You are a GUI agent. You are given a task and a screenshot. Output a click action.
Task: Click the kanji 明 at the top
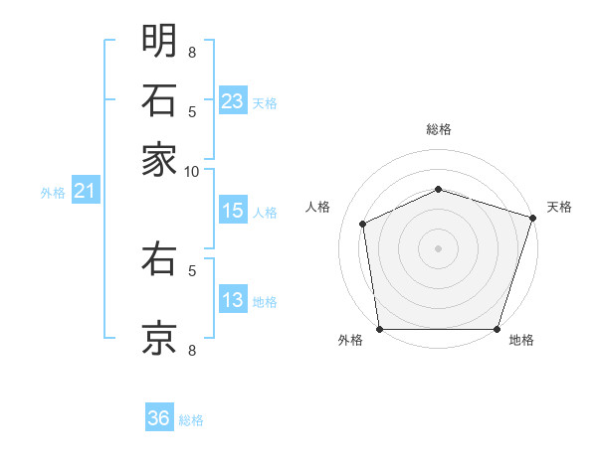[159, 41]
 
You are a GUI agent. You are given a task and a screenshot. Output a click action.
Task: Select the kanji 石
[159, 99]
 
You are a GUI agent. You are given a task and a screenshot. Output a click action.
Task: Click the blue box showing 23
[233, 101]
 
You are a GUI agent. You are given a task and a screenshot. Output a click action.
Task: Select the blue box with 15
[233, 211]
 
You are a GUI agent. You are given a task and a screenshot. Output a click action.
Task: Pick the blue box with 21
[84, 192]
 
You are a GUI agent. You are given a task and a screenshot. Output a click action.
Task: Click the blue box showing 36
[158, 418]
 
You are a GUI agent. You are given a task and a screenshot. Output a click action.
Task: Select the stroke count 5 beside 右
[192, 268]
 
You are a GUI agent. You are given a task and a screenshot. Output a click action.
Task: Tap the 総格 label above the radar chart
[439, 129]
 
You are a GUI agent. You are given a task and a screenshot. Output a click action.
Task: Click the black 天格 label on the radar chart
[559, 207]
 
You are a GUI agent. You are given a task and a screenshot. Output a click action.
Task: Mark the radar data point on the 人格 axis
[363, 224]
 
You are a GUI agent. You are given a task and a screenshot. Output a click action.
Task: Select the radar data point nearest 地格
[497, 329]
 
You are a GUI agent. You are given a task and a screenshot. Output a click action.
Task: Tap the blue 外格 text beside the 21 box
[53, 193]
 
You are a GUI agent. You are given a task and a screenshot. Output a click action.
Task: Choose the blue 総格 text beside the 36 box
[191, 420]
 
